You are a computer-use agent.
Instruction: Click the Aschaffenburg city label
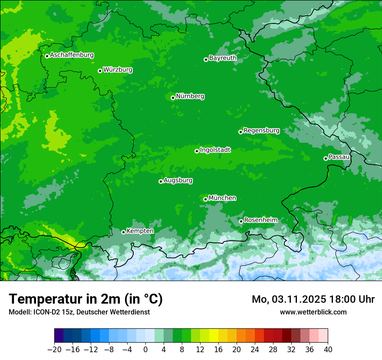pyautogui.click(x=72, y=55)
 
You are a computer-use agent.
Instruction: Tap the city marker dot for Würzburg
pyautogui.click(x=100, y=71)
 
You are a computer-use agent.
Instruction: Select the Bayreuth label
pyautogui.click(x=223, y=58)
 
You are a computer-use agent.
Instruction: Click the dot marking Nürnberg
pyautogui.click(x=173, y=98)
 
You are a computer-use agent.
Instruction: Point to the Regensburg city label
pyautogui.click(x=261, y=131)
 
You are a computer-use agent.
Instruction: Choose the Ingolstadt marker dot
pyautogui.click(x=197, y=151)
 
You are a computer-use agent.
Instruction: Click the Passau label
pyautogui.click(x=339, y=157)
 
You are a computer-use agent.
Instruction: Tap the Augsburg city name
pyautogui.click(x=178, y=180)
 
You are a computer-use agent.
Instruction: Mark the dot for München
pyautogui.click(x=205, y=199)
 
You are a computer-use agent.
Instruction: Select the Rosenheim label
pyautogui.click(x=260, y=220)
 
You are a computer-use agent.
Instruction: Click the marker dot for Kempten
pyautogui.click(x=123, y=232)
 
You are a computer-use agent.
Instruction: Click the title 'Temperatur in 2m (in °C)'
pyautogui.click(x=86, y=299)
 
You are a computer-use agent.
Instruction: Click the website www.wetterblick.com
pyautogui.click(x=313, y=312)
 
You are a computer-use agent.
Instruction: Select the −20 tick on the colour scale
pyautogui.click(x=54, y=350)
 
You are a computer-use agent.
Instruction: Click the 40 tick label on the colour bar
pyautogui.click(x=328, y=350)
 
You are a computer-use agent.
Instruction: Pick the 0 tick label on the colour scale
pyautogui.click(x=145, y=350)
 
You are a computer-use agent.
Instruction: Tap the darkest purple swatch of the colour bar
pyautogui.click(x=59, y=336)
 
